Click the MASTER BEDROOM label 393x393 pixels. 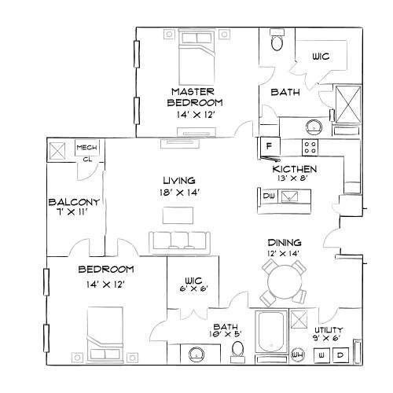tap(196, 97)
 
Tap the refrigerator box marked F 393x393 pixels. tap(268, 145)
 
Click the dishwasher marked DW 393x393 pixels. tap(269, 196)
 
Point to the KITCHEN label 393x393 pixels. tap(295, 169)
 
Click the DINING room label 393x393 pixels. tap(284, 243)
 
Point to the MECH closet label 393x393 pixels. tap(85, 146)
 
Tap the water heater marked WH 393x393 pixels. tap(298, 354)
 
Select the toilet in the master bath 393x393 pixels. tap(276, 42)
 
